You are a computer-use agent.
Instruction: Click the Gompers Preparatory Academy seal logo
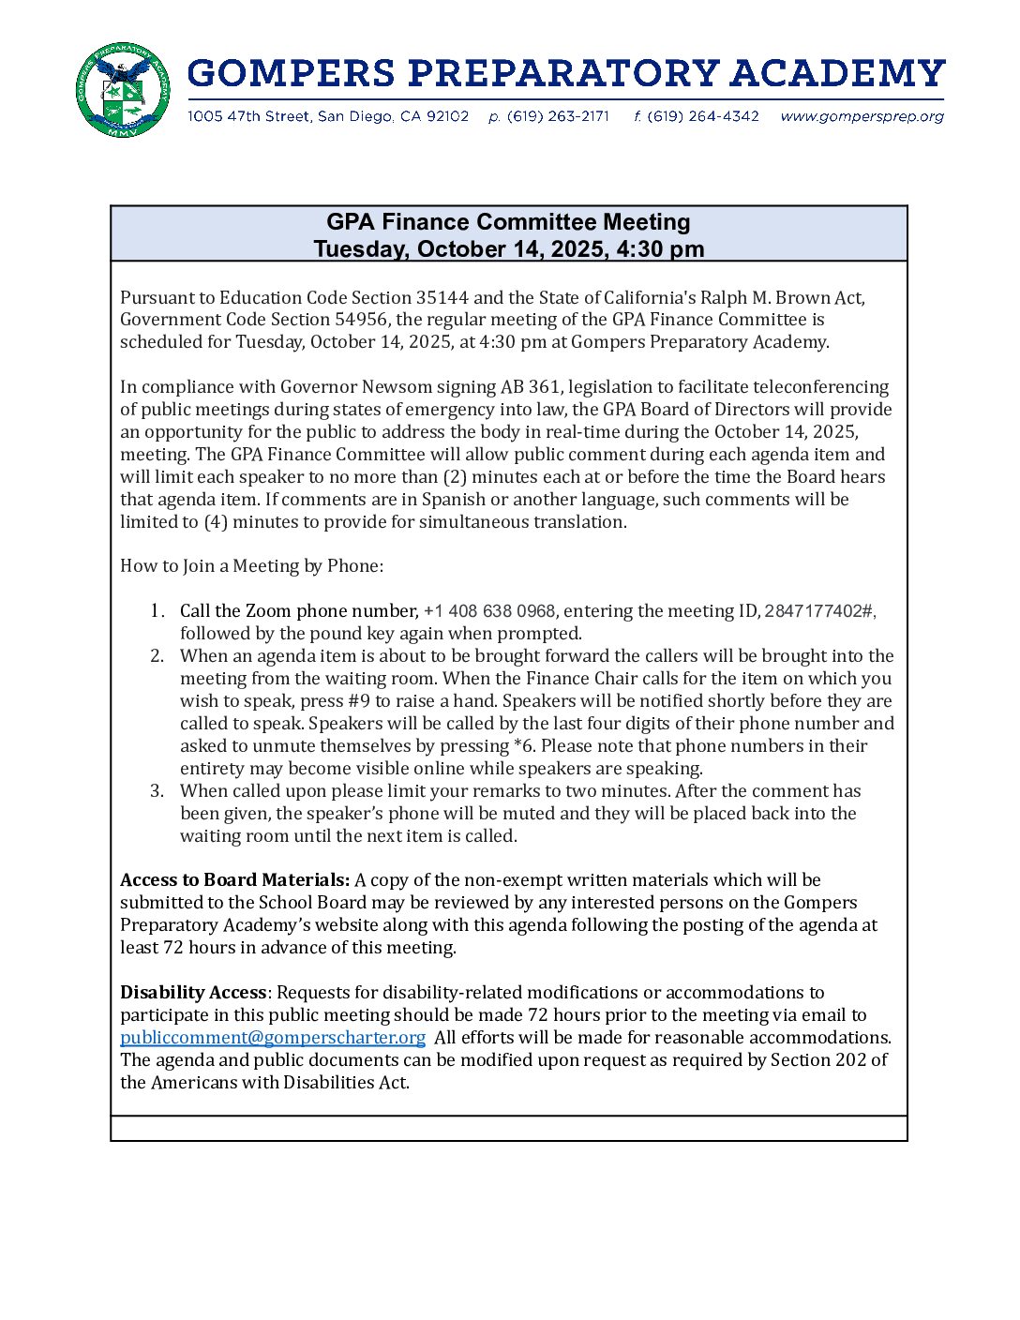[123, 90]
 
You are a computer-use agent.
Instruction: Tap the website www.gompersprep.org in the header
[862, 116]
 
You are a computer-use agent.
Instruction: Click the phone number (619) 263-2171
[558, 116]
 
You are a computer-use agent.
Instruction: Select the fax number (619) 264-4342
[702, 116]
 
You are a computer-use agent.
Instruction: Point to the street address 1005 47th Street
[248, 116]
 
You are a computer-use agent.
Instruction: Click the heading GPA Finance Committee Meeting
[508, 222]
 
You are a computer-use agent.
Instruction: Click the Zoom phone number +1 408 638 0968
[489, 611]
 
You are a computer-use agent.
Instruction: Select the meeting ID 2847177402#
[819, 611]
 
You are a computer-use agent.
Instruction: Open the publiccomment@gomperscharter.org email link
[273, 1038]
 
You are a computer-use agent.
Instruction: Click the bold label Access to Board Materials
[234, 880]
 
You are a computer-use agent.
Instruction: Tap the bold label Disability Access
[193, 993]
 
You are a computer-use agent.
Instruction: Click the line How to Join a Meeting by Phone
[251, 566]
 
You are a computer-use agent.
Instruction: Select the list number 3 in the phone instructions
[157, 791]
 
